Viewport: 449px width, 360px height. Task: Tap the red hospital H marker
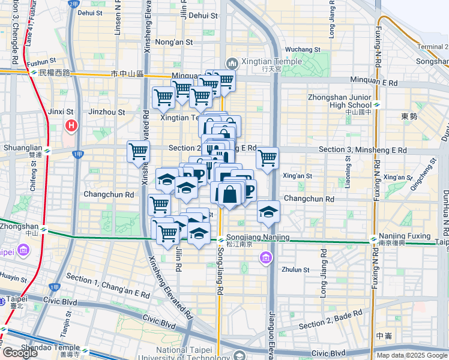[x=71, y=126]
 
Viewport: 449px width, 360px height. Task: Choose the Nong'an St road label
[x=173, y=43]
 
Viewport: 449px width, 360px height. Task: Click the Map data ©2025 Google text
[x=411, y=355]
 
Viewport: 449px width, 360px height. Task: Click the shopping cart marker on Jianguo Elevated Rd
[x=267, y=158]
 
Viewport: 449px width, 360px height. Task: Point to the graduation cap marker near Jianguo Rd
[x=269, y=211]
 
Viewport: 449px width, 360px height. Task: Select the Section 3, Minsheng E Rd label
[x=363, y=150]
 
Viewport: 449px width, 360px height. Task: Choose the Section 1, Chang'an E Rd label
[x=107, y=286]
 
